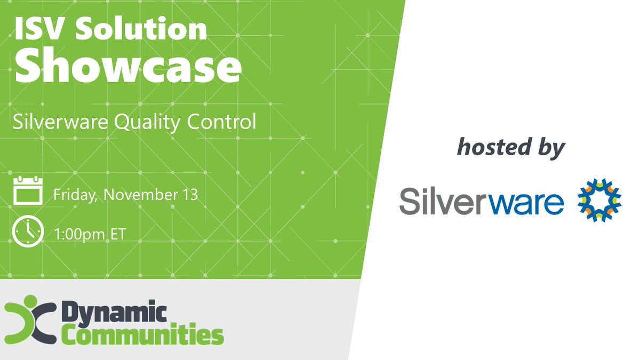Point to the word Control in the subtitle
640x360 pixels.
click(x=221, y=122)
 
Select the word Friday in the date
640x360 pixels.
click(x=75, y=194)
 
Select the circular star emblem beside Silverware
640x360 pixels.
click(x=599, y=200)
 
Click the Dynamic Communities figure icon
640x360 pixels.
click(x=30, y=323)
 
